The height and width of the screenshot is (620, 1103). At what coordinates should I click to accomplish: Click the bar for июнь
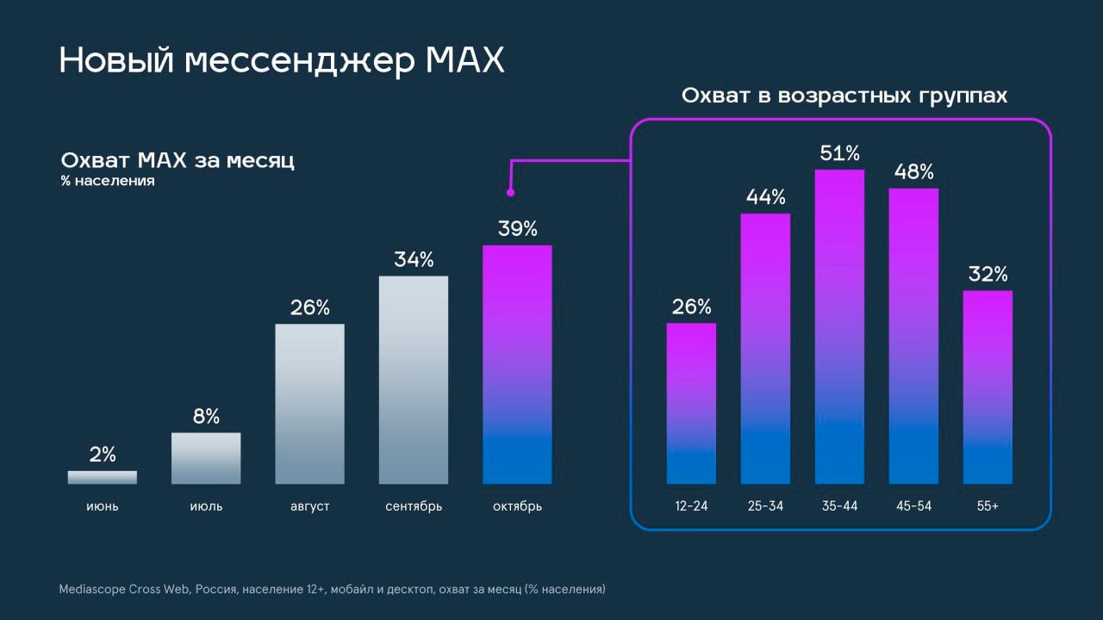pos(103,477)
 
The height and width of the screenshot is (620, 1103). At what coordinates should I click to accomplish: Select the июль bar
pos(206,458)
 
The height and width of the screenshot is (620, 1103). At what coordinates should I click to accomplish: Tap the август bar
pos(309,404)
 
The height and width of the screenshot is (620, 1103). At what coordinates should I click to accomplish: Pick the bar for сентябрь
pos(414,380)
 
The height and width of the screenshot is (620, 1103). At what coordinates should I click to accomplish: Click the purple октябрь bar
pos(517,364)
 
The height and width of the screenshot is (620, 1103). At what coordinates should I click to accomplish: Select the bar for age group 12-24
pos(691,403)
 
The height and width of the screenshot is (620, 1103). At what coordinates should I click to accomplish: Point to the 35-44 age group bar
pos(839,326)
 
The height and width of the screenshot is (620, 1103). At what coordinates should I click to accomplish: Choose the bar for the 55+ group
pos(988,387)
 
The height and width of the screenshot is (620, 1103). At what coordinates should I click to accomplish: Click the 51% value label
pos(839,154)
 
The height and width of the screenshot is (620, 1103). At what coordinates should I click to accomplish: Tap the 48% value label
pos(913,172)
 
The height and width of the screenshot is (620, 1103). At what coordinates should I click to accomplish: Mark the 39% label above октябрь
pos(517,229)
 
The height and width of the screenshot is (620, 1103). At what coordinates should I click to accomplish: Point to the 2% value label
pos(103,455)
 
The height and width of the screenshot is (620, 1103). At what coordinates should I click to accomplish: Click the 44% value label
pos(765,197)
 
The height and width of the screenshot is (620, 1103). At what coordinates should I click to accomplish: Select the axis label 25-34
pos(765,506)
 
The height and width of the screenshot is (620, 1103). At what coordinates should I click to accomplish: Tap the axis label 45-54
pos(913,506)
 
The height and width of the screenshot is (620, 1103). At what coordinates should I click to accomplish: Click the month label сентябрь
pos(414,506)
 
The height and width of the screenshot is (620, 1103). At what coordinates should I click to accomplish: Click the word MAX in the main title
pos(464,61)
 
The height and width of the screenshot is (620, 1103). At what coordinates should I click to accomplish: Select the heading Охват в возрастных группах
pos(844,96)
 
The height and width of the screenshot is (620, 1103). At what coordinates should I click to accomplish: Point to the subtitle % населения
pos(108,182)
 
